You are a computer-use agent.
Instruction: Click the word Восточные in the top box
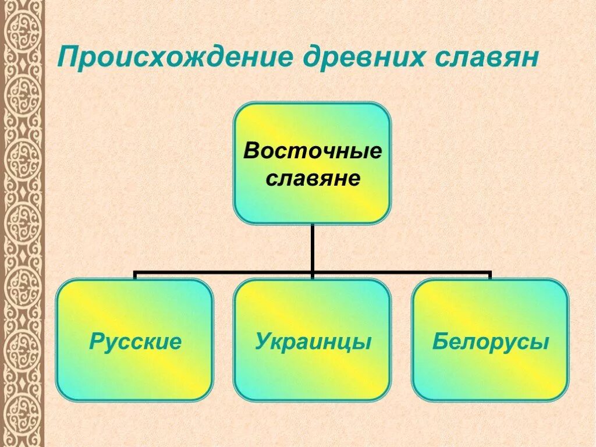[x=313, y=151]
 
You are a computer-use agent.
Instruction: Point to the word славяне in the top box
[x=313, y=178]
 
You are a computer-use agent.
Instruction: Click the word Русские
[x=135, y=342]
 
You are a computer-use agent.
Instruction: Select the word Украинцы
[x=313, y=342]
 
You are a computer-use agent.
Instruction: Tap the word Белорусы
[x=490, y=342]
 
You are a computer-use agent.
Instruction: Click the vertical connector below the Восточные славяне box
[x=313, y=247]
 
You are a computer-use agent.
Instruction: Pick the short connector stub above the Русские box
[x=135, y=275]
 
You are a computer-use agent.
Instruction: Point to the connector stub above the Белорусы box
[x=490, y=275]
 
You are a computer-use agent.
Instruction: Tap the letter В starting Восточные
[x=251, y=151]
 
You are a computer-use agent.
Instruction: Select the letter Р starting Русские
[x=96, y=342]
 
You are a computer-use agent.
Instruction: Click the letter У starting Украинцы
[x=262, y=342]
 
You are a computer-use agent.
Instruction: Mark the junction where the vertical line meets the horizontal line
[x=313, y=272]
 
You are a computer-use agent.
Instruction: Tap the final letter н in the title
[x=527, y=59]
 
